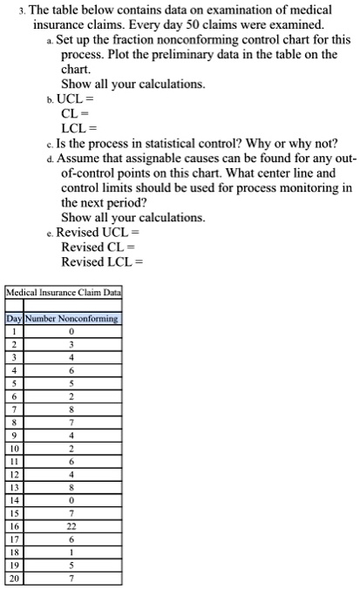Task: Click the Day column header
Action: click(14, 319)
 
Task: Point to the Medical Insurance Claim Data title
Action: click(64, 294)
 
